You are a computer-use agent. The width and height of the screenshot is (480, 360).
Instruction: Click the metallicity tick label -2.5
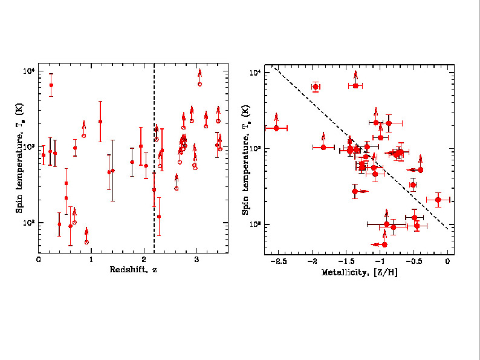278,261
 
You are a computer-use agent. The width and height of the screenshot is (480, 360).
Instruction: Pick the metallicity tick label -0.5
413,261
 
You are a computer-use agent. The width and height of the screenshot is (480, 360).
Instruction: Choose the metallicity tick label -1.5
345,261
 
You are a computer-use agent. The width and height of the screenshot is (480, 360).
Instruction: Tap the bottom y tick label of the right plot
255,225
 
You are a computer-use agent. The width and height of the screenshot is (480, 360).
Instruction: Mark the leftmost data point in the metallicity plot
276,128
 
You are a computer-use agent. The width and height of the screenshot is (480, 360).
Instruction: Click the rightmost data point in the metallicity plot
438,200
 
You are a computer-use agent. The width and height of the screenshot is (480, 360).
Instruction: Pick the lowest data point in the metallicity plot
384,244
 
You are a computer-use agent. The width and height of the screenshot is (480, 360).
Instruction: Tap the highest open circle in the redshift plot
199,84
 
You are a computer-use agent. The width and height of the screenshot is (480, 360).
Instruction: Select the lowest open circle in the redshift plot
86,242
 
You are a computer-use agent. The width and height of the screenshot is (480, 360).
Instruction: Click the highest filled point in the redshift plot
51,85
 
